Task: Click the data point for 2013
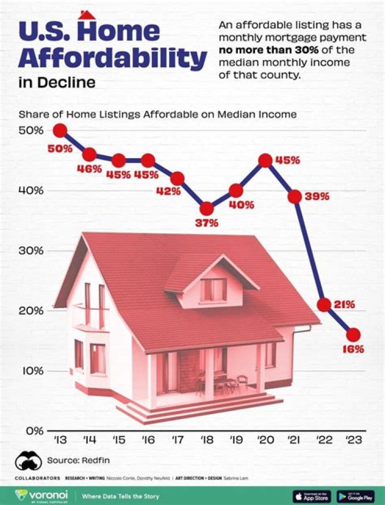coord(60,130)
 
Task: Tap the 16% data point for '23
coord(353,335)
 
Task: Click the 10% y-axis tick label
coord(32,370)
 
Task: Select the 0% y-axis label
coord(34,430)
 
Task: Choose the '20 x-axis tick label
coord(265,440)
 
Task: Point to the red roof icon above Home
coord(87,14)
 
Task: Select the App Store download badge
coord(312,496)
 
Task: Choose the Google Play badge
coord(356,496)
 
